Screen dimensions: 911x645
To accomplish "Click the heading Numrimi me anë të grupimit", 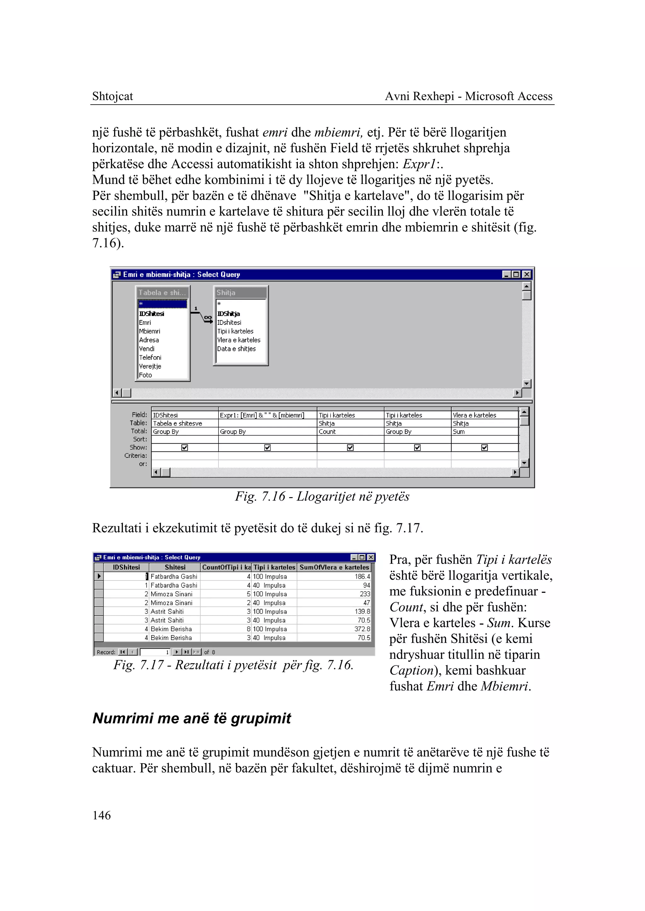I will pyautogui.click(x=191, y=718).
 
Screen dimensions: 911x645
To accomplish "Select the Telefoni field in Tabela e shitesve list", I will pyautogui.click(x=150, y=357).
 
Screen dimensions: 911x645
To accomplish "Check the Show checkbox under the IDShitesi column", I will pyautogui.click(x=185, y=447).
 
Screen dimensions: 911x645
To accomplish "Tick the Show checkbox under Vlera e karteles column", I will pyautogui.click(x=485, y=447).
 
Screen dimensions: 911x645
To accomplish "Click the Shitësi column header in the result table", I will pyautogui.click(x=175, y=567).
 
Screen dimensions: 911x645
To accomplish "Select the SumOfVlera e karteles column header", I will pyautogui.click(x=334, y=567).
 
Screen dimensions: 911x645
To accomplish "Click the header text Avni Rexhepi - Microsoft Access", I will pyautogui.click(x=468, y=96).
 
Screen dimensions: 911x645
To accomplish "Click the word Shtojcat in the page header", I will pyautogui.click(x=112, y=96).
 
